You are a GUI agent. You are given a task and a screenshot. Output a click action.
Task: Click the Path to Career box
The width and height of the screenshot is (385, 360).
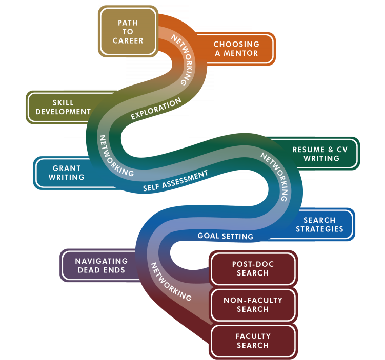128,31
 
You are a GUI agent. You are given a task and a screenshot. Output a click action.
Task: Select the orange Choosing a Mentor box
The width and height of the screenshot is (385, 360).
235,49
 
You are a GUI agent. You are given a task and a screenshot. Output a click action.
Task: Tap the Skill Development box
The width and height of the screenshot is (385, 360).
63,107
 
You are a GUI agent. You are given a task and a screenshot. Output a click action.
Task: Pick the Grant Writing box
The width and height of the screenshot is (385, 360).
67,173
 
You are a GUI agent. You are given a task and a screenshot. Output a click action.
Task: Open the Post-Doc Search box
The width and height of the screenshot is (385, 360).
253,269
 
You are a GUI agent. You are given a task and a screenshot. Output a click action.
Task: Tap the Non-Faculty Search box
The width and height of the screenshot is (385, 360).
253,305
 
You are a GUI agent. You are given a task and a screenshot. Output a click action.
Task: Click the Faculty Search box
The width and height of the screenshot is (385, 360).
253,341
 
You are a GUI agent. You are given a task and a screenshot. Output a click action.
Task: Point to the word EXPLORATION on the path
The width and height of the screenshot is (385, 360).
156,110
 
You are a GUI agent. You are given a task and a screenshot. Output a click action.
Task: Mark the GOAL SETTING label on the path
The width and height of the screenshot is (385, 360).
226,236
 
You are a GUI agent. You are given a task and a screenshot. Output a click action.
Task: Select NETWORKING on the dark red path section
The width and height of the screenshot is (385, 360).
171,281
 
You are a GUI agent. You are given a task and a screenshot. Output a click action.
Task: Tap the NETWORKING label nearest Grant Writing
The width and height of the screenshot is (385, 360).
116,156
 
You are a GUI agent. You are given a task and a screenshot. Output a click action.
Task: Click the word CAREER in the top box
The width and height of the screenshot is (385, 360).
128,40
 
